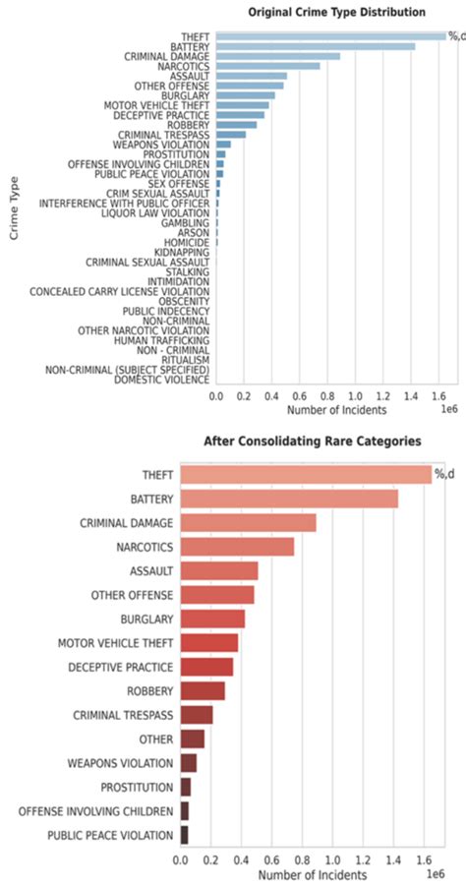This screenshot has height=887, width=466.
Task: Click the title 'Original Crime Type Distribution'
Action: (x=336, y=12)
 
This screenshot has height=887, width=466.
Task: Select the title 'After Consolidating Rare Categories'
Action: (x=312, y=442)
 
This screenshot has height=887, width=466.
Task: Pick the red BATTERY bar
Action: (x=289, y=499)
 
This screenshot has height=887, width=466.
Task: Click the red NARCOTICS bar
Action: (x=237, y=547)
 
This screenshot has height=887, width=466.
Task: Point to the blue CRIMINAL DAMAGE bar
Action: (x=277, y=56)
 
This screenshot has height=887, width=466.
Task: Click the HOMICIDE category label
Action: (x=188, y=242)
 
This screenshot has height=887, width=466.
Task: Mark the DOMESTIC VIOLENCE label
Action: (x=161, y=379)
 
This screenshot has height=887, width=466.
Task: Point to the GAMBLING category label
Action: (x=185, y=223)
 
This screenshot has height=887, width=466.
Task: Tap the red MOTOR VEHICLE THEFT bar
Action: (x=208, y=643)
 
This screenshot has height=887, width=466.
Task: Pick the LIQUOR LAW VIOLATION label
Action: (x=155, y=213)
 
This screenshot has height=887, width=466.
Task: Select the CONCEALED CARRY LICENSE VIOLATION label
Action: (x=119, y=292)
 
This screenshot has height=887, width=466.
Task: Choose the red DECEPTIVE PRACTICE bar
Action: (x=206, y=667)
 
